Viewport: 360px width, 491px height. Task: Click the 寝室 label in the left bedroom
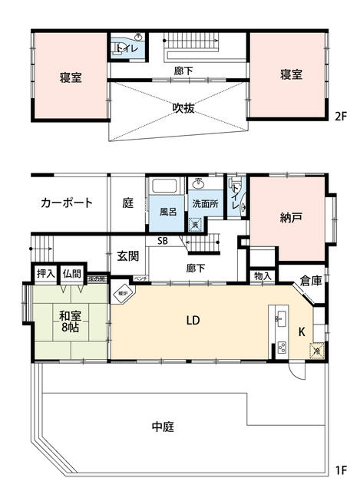click(x=71, y=77)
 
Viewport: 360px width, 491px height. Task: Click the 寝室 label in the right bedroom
click(x=291, y=74)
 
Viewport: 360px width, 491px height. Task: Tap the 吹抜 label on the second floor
click(x=183, y=107)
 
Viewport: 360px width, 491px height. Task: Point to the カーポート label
click(x=67, y=203)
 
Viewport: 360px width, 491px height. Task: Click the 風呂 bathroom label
click(x=168, y=210)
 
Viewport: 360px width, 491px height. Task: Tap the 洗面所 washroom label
click(x=205, y=206)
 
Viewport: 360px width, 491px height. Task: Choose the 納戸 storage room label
click(x=291, y=218)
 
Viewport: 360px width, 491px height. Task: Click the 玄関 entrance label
click(x=127, y=256)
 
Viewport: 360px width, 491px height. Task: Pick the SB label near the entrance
click(x=163, y=241)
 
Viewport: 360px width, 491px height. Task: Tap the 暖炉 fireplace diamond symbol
click(x=123, y=293)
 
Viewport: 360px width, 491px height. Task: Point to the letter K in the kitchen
click(x=300, y=331)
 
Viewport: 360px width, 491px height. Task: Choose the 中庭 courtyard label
click(x=163, y=427)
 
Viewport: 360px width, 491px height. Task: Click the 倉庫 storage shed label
click(x=311, y=281)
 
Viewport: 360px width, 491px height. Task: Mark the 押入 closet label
click(x=46, y=273)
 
